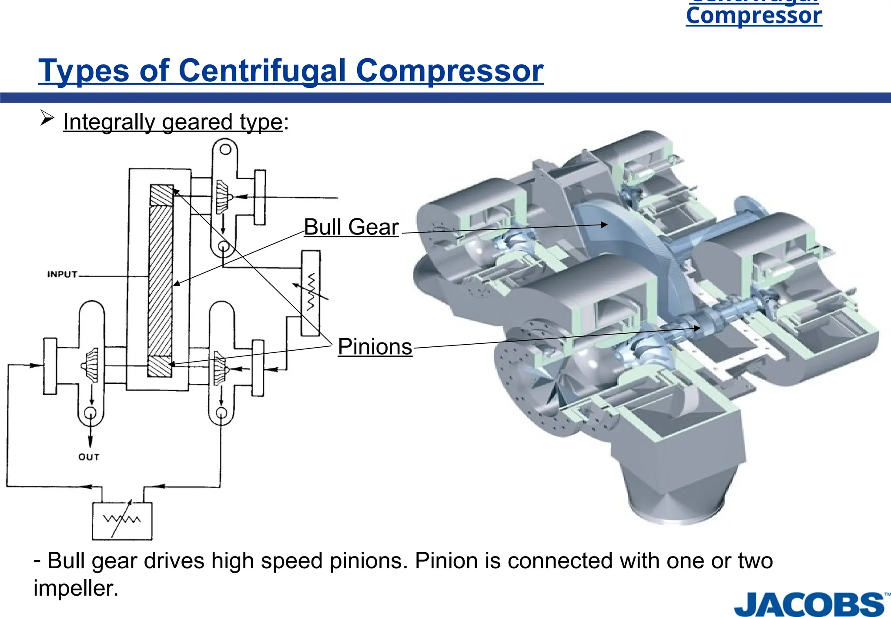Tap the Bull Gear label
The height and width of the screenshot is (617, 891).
[351, 227]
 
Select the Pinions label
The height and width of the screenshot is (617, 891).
[375, 347]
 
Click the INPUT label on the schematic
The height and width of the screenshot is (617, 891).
[62, 275]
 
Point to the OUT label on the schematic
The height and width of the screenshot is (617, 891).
[89, 457]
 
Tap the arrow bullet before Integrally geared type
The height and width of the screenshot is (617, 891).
[47, 118]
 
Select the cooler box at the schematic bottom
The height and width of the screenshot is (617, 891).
[122, 520]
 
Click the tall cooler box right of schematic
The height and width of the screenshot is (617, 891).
[311, 293]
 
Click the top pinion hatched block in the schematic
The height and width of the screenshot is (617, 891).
[162, 195]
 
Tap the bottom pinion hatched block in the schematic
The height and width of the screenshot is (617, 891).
[160, 366]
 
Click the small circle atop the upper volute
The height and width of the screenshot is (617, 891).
[225, 149]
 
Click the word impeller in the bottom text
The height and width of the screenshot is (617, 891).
[75, 588]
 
